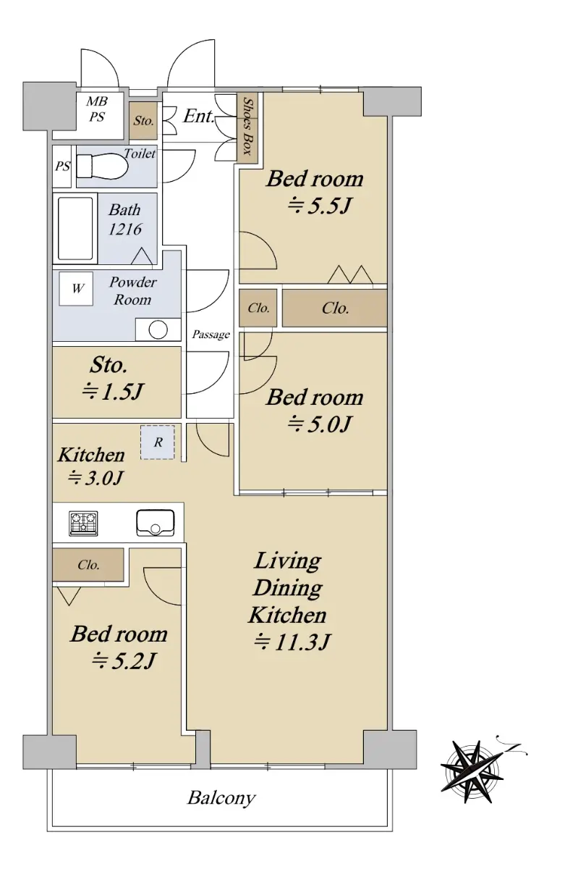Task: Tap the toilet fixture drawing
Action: (102, 167)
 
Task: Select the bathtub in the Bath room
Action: (75, 228)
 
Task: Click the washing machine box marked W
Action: (76, 288)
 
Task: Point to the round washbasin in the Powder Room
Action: (158, 329)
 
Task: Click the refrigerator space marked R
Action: (157, 442)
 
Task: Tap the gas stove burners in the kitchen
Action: (83, 523)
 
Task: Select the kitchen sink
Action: (155, 523)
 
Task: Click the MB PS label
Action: (96, 109)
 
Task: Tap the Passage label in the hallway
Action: (211, 334)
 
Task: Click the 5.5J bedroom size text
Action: (318, 206)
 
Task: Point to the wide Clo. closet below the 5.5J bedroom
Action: (334, 308)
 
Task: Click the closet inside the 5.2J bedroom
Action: (88, 564)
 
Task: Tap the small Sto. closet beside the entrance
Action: (143, 121)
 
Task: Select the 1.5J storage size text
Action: (113, 391)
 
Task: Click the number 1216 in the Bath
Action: (124, 230)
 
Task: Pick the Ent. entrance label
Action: (198, 116)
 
